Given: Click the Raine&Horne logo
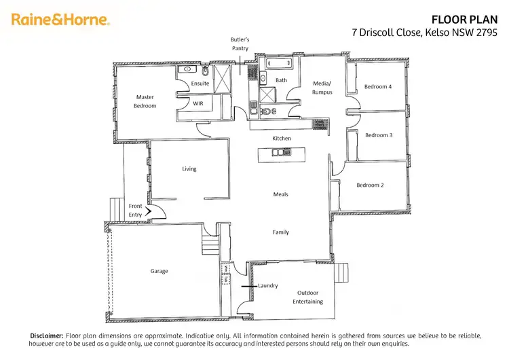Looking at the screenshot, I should (x=60, y=20).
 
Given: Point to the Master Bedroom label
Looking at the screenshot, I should (x=145, y=101).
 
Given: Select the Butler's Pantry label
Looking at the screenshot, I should (x=240, y=44).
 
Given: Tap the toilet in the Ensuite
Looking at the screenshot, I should (x=205, y=71).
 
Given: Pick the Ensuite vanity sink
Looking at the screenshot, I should (x=185, y=69).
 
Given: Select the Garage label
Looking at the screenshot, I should (x=159, y=271).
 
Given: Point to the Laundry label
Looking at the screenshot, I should (x=268, y=285).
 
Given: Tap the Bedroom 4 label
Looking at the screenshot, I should (x=377, y=86).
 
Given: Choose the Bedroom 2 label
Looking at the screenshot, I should (x=371, y=185).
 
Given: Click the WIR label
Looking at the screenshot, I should (x=198, y=104).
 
